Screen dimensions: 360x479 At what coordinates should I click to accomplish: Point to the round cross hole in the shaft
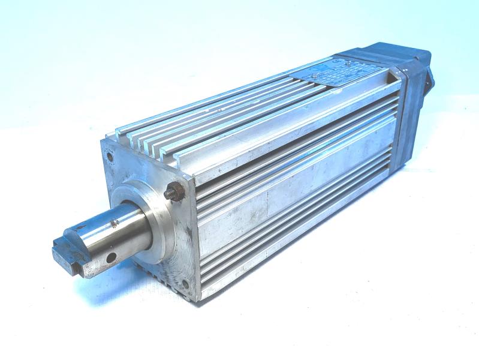pos(111,259)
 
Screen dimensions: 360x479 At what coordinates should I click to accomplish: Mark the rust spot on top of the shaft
pos(113,226)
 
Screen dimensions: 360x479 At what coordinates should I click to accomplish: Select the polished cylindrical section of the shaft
pos(129,231)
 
